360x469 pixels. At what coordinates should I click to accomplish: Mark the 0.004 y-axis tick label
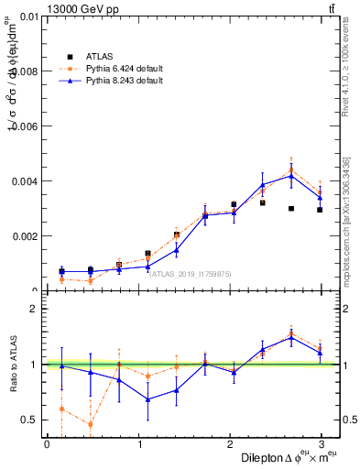pos(23,181)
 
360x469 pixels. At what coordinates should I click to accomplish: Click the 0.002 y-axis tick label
pos(23,236)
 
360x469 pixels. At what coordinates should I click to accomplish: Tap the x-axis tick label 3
pos(322,443)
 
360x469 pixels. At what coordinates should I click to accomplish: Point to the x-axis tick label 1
pos(138,443)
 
